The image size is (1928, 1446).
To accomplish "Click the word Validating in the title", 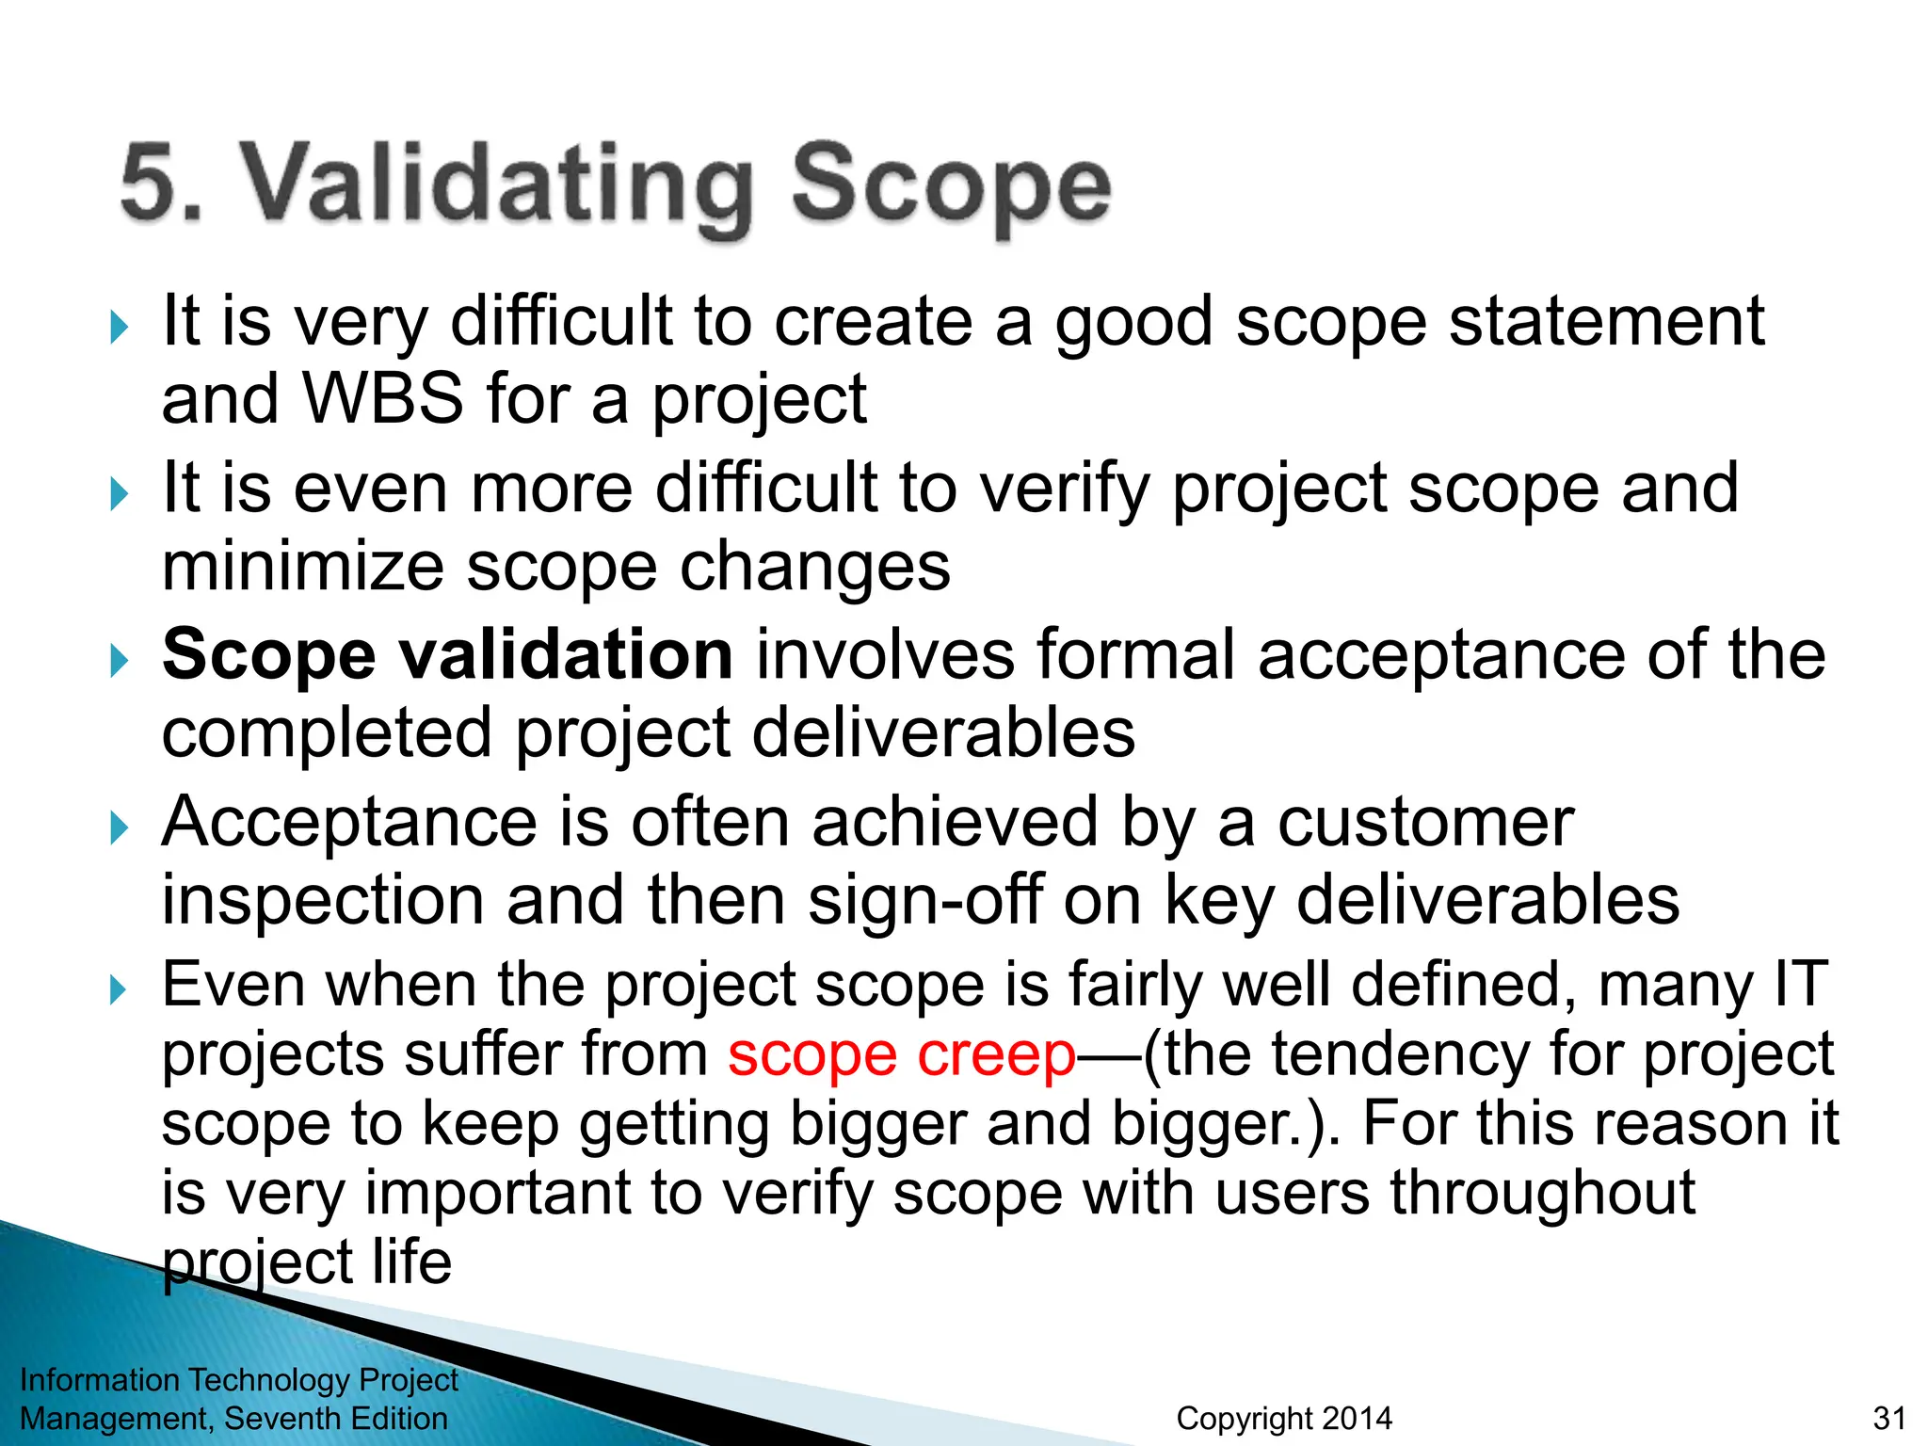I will coord(499,185).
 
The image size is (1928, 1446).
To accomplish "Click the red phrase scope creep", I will coord(901,1055).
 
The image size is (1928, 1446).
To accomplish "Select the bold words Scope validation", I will coord(447,654).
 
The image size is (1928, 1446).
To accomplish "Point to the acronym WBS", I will coord(383,398).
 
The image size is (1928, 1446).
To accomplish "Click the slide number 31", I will coord(1889,1418).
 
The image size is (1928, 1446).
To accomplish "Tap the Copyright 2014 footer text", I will coord(1284,1418).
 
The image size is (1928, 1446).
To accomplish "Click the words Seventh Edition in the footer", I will coord(336,1418).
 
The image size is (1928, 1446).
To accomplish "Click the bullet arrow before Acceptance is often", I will coord(119,828).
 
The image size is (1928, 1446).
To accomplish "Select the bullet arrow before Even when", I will coord(119,990).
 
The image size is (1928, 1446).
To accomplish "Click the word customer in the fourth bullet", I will coord(1425,823).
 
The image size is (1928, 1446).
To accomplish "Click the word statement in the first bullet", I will coord(1606,322).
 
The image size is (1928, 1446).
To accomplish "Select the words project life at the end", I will coord(307,1263).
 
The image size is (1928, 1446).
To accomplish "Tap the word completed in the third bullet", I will coord(327,733).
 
